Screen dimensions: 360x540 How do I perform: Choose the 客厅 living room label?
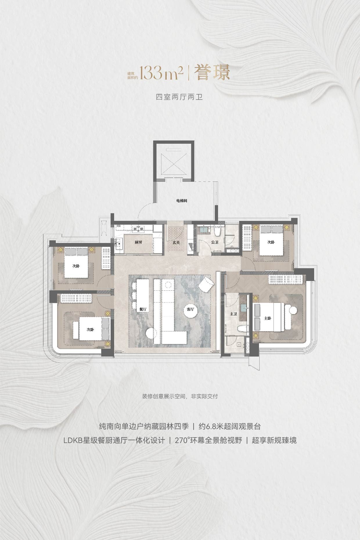coord(190,309)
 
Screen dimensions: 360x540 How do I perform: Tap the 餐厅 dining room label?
coord(143,309)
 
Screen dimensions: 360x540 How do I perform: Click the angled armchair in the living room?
coord(206,284)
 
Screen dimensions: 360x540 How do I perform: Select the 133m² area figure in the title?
coord(161,73)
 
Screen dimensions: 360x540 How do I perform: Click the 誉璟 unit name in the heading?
coord(212,73)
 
